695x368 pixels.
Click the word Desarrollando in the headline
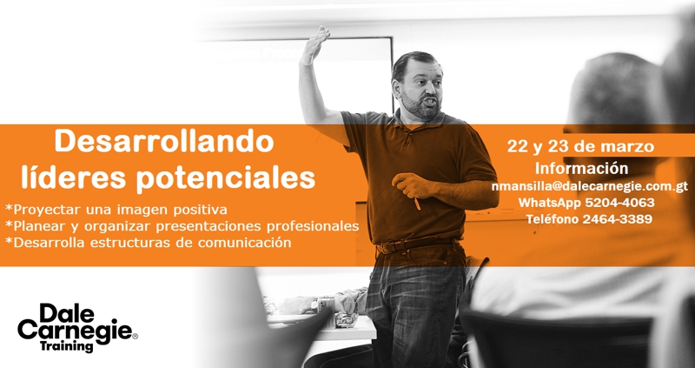point(164,142)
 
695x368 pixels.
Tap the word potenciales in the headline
point(225,178)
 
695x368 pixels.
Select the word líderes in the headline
point(75,177)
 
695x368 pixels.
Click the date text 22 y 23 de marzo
point(580,146)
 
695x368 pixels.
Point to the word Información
point(581,168)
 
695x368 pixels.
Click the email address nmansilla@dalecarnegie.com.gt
point(590,187)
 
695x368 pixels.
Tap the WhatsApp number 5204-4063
point(619,203)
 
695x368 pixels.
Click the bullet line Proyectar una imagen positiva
point(116,210)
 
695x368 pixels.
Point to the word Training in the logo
point(67,345)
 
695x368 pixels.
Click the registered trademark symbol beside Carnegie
point(136,337)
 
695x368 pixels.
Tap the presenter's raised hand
point(314,44)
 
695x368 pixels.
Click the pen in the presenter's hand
point(417,204)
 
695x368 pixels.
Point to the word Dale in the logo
point(67,314)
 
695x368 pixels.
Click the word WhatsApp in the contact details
point(550,203)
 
